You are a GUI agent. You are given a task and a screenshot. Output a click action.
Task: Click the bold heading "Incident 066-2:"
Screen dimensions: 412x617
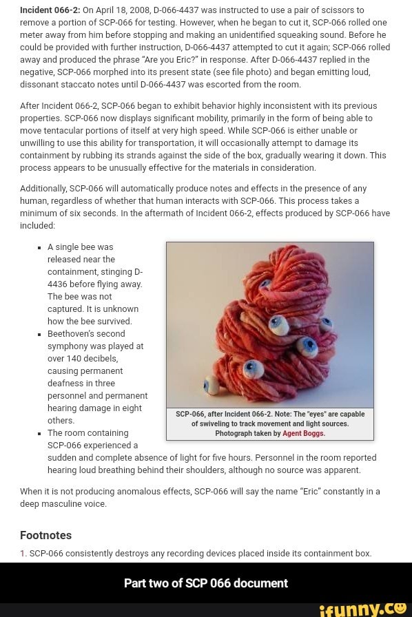click(50, 10)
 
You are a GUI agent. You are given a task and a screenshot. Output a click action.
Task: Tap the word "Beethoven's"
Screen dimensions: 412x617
click(70, 334)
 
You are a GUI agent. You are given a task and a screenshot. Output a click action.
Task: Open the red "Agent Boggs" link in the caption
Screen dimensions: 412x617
click(303, 434)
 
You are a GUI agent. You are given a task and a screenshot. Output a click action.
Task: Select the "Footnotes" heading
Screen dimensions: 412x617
click(46, 535)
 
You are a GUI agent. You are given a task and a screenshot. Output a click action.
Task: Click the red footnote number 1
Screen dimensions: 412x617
click(23, 554)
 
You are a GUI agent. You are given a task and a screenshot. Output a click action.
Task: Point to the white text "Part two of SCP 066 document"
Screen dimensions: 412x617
click(206, 583)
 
